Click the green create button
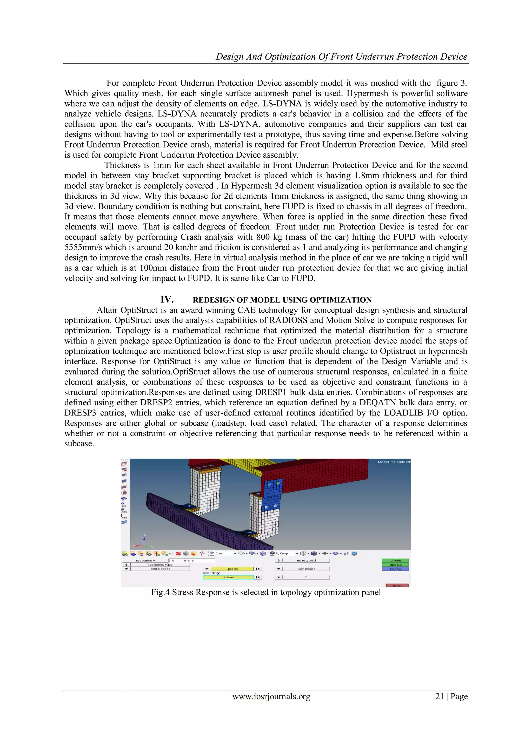tap(395, 560)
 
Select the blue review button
tap(395, 569)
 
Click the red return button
tap(397, 585)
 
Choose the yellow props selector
tap(232, 569)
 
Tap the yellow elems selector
tap(228, 577)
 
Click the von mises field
tap(306, 569)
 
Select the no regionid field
tap(306, 560)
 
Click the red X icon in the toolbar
tap(178, 554)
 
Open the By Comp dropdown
tap(284, 554)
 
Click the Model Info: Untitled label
tap(394, 462)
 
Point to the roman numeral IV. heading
tap(167, 300)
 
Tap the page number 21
tap(440, 696)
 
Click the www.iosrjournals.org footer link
tap(271, 696)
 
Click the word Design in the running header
tap(230, 57)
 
